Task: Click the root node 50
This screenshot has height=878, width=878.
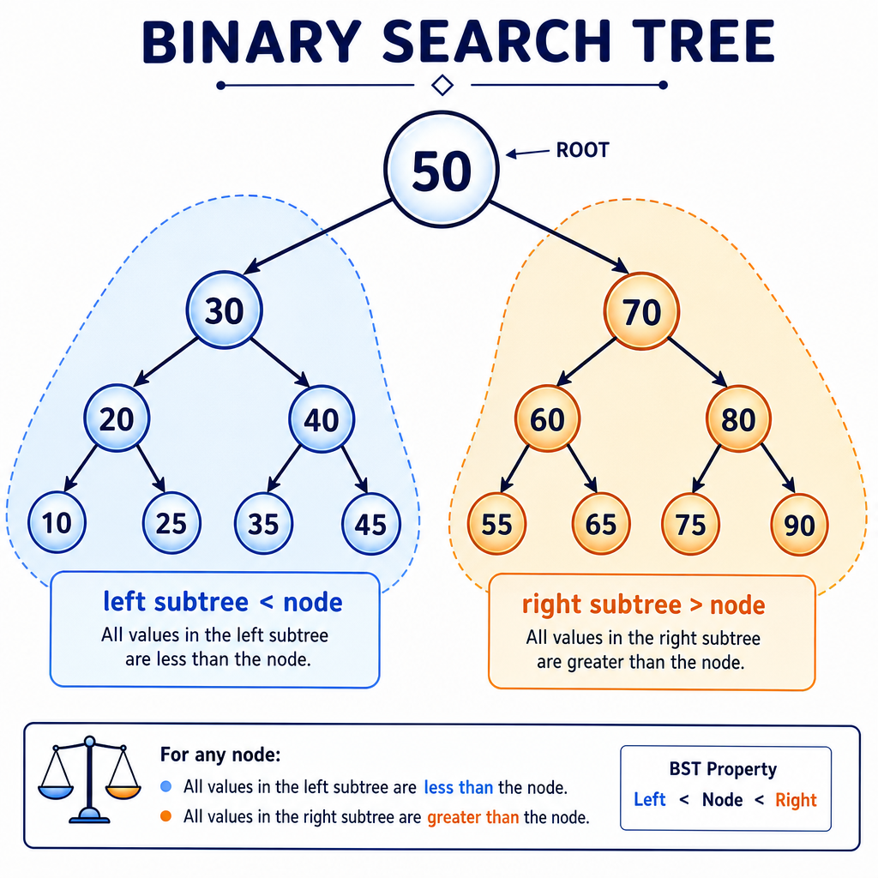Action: pyautogui.click(x=442, y=170)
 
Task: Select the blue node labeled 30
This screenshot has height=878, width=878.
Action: pyautogui.click(x=224, y=310)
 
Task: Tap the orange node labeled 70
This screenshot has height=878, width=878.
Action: pyautogui.click(x=641, y=311)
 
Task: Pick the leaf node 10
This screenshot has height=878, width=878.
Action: pyautogui.click(x=57, y=522)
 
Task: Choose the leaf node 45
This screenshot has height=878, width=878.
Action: pyautogui.click(x=370, y=524)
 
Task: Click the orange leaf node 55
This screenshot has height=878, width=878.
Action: pyautogui.click(x=496, y=524)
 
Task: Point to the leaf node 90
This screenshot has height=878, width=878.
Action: pyautogui.click(x=799, y=525)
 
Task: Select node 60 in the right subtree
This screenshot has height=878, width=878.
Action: pyautogui.click(x=547, y=418)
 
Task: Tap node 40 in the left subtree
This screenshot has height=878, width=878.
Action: pyautogui.click(x=322, y=418)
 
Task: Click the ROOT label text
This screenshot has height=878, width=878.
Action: pyautogui.click(x=582, y=150)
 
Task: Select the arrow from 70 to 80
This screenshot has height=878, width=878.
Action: pyautogui.click(x=698, y=363)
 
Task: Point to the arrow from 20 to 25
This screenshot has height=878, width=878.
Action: pyautogui.click(x=151, y=469)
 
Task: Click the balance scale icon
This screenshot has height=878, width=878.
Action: pyautogui.click(x=89, y=780)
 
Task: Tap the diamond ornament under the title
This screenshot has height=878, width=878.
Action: pyautogui.click(x=442, y=85)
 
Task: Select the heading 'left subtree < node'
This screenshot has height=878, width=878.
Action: pyautogui.click(x=223, y=602)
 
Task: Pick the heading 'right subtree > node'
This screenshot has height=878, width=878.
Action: pyautogui.click(x=643, y=604)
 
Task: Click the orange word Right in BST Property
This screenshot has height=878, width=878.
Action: pyautogui.click(x=796, y=800)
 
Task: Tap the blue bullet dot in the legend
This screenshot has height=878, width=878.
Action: pyautogui.click(x=165, y=787)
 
